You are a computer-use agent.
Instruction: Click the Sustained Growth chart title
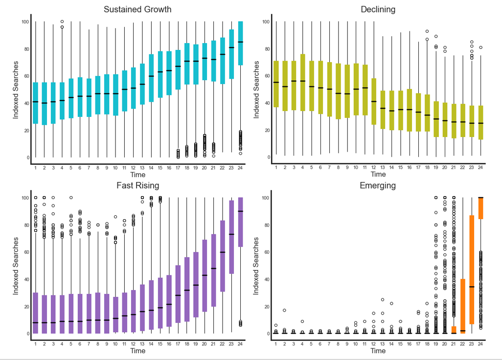coord(137,9)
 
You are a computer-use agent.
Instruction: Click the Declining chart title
coord(378,9)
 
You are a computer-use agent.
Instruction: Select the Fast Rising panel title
coord(137,185)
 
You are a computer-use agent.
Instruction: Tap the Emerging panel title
coord(378,185)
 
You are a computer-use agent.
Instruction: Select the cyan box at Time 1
coord(35,103)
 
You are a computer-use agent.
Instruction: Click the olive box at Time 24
coord(480,122)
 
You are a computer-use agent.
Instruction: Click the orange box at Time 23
coord(472,270)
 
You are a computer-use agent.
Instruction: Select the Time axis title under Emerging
coord(378,351)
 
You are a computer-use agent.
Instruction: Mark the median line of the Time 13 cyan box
coord(142,84)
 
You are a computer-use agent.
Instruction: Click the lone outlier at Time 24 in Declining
coord(480,47)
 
